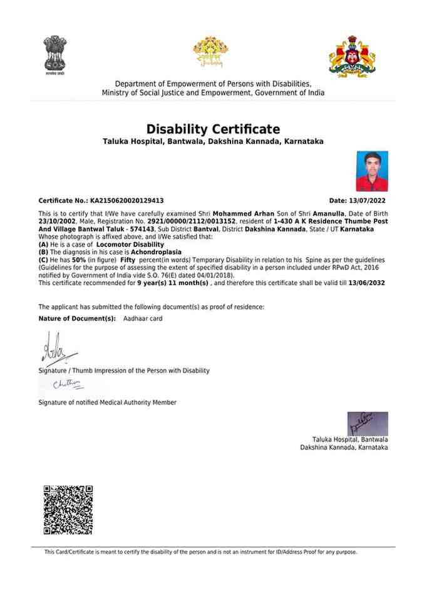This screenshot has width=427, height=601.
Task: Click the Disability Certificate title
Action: pyautogui.click(x=213, y=129)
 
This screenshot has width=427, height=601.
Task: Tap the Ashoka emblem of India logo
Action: pyautogui.click(x=55, y=54)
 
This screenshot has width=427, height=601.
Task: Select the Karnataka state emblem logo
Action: pyautogui.click(x=352, y=56)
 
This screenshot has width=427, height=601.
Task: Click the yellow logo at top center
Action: pyautogui.click(x=210, y=52)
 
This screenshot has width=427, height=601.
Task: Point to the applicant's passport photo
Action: pyautogui.click(x=372, y=171)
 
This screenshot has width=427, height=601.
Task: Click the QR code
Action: pyautogui.click(x=68, y=509)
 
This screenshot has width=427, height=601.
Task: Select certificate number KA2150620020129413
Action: pyautogui.click(x=127, y=201)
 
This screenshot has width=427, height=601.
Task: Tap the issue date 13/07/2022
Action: pyautogui.click(x=367, y=201)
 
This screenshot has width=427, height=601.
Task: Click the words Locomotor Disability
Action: pyautogui.click(x=135, y=245)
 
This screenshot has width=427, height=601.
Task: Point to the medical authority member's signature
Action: pyautogui.click(x=68, y=385)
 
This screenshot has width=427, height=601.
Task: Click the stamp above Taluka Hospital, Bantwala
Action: pyautogui.click(x=368, y=423)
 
